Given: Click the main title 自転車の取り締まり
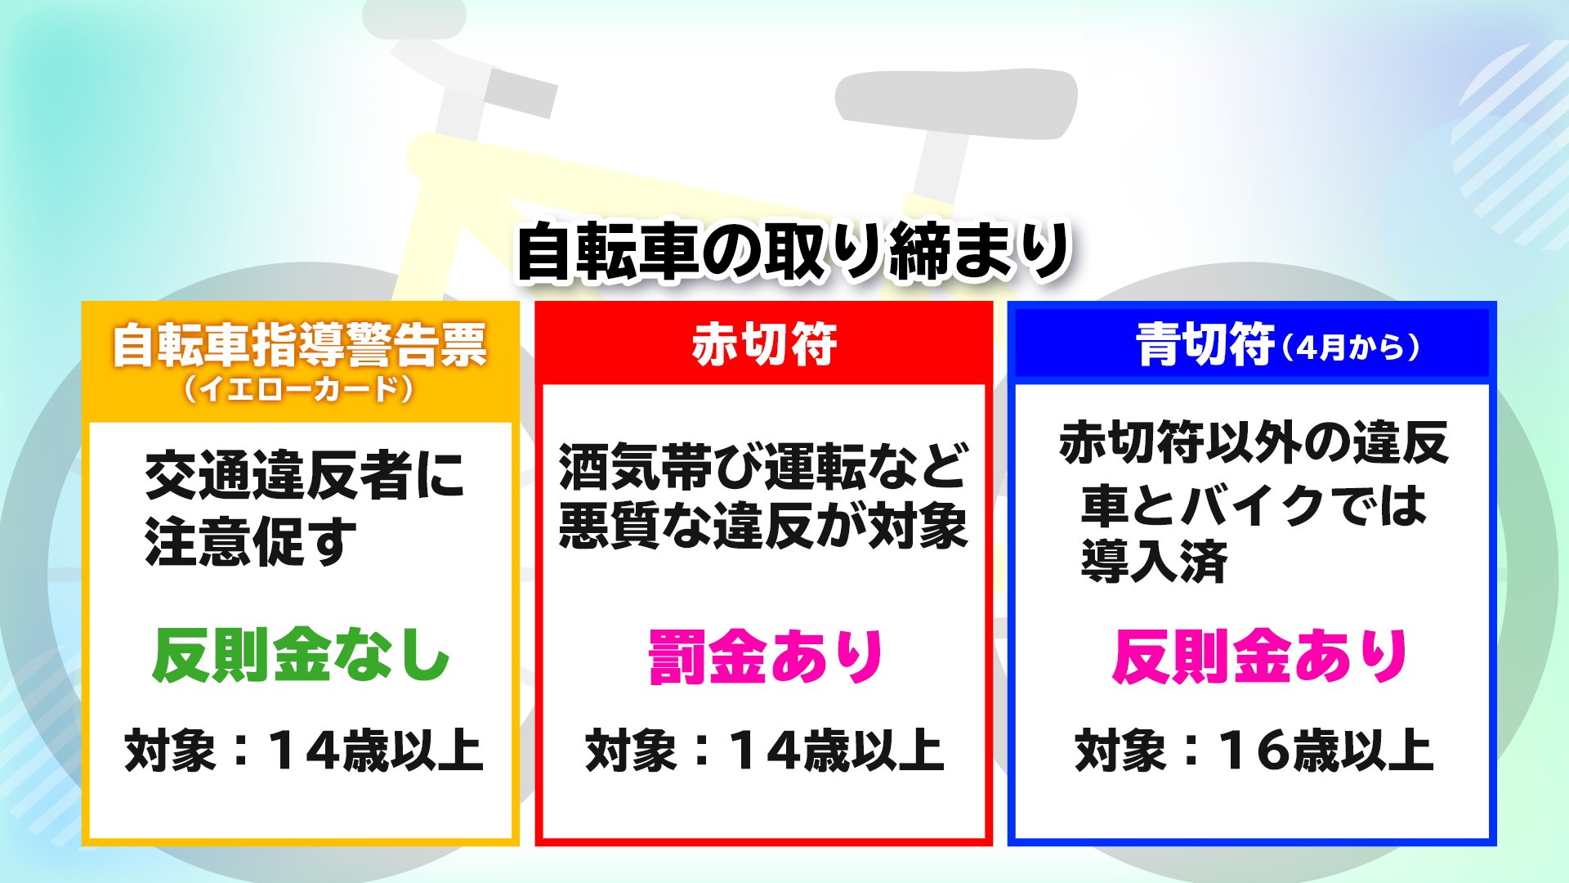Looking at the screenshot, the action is [x=793, y=251].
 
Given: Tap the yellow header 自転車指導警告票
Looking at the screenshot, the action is [x=300, y=345].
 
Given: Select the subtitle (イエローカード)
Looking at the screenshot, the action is [x=300, y=388].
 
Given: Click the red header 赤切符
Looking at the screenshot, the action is [x=764, y=344].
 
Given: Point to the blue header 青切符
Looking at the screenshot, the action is [x=1205, y=344].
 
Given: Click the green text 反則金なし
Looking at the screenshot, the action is [x=301, y=656].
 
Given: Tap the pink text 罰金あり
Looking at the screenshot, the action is [x=766, y=657].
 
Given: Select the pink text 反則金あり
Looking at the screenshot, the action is [x=1259, y=657].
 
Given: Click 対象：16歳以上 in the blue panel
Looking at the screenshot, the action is [x=1254, y=751].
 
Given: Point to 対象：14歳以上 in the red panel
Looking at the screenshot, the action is [x=765, y=751].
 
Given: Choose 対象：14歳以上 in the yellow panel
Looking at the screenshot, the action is [x=303, y=751].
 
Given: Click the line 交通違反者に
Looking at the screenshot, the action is [x=304, y=475].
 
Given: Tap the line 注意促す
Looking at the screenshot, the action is [x=251, y=541].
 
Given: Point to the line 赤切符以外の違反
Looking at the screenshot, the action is [x=1254, y=442].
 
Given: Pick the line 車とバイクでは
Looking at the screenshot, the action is [x=1254, y=504].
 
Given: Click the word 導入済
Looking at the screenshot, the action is [x=1154, y=561].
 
